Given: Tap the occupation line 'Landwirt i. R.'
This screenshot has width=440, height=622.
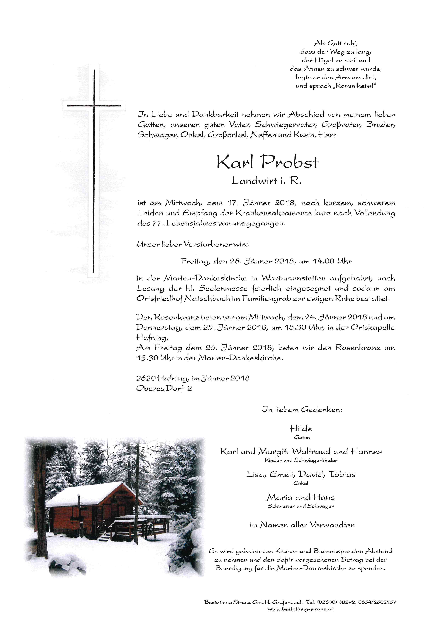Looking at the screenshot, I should click(x=266, y=181).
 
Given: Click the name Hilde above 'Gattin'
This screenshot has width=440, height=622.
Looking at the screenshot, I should click(x=301, y=429).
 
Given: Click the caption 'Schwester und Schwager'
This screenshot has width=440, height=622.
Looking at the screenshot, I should click(x=301, y=506).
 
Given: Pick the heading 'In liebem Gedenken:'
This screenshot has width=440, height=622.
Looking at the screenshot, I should click(x=302, y=410).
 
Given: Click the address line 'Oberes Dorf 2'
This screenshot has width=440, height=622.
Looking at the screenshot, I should click(x=164, y=388).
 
